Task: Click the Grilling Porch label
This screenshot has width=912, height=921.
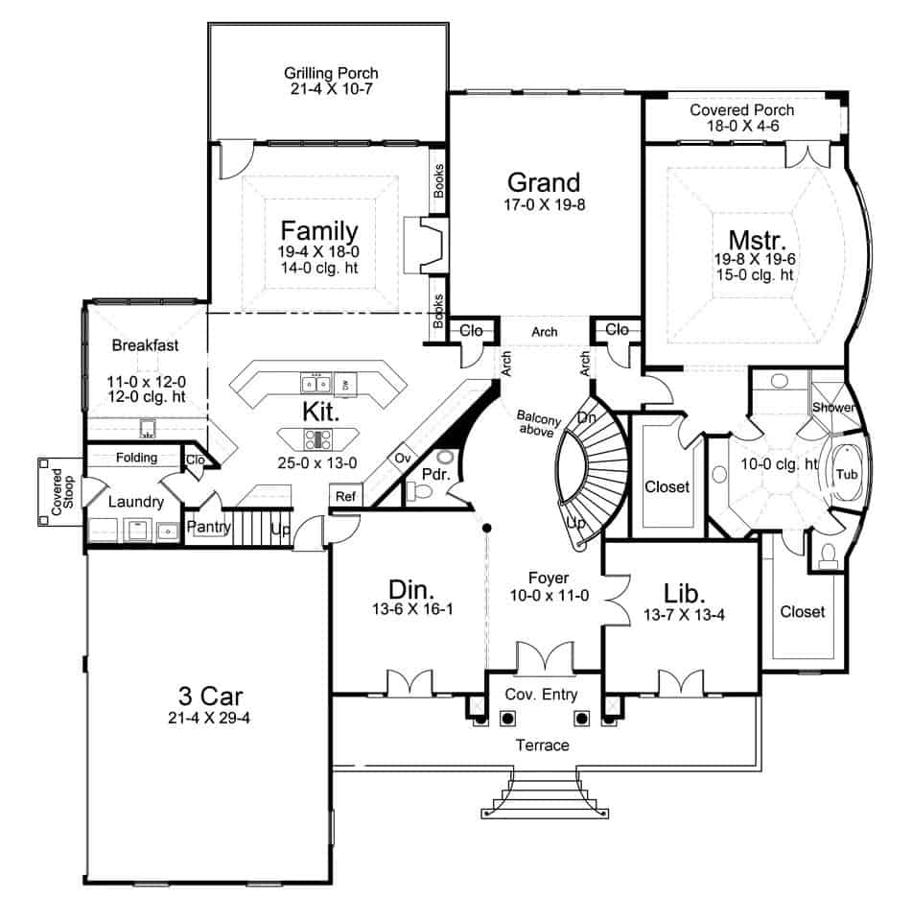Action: click(x=330, y=73)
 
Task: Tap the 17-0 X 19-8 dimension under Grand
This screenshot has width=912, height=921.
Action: click(x=544, y=204)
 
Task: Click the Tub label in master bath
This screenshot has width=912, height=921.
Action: click(x=846, y=475)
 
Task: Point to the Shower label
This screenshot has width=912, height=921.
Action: click(x=833, y=407)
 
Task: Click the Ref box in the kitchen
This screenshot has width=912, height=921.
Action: click(x=343, y=496)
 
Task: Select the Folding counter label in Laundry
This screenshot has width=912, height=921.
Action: click(x=136, y=458)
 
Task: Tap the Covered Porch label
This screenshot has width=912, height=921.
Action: click(x=741, y=110)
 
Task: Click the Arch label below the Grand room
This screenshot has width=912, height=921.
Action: click(x=544, y=332)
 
